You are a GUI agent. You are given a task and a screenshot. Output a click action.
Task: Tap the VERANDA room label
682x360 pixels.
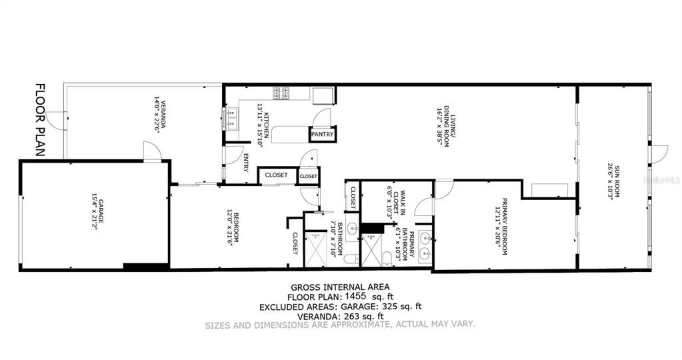point(159,115)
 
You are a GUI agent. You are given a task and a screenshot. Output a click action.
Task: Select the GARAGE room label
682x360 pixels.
point(96,211)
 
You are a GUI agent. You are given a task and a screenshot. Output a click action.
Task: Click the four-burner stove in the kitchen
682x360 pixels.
point(281,93)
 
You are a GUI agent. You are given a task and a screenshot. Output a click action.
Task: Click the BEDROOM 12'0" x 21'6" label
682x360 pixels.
point(232,229)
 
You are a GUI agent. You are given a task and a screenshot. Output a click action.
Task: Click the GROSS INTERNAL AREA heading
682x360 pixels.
point(341,287)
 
